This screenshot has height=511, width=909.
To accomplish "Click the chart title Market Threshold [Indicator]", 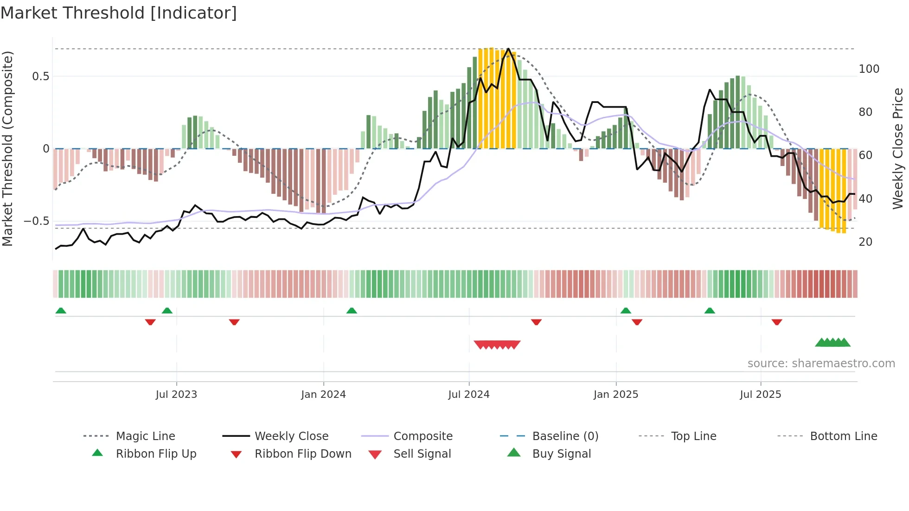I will coord(119,13).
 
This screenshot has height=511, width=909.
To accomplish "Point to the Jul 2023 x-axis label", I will coord(176,395).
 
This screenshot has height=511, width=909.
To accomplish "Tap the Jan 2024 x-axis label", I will coord(323,395).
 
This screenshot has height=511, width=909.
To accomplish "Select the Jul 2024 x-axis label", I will coord(469,395).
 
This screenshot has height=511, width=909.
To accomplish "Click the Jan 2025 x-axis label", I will coord(616,395).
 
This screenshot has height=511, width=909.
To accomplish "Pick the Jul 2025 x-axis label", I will coord(761,395).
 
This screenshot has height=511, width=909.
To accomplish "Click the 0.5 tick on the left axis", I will coord(41,77).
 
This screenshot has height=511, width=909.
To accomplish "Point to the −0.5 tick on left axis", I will coord(37,221).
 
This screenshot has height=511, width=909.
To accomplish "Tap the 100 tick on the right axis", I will coord(869,69).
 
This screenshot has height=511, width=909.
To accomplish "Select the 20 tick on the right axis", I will coord(865,242).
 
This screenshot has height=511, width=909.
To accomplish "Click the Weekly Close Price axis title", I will coord(898,148).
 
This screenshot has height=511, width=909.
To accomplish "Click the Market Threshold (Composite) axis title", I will coord(7,148).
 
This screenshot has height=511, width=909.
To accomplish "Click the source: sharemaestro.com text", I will coord(821,364).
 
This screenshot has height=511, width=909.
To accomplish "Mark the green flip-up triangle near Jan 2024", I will coord(352,311).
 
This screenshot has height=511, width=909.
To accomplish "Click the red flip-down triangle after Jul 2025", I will coord(777,322).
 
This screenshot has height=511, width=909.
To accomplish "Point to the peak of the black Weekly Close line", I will coord(509,49).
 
